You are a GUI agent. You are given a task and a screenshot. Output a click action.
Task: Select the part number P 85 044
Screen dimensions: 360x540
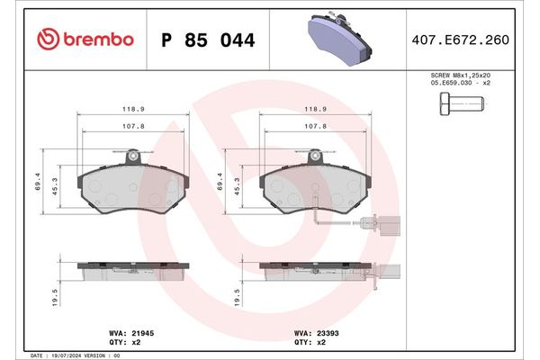[x=207, y=40]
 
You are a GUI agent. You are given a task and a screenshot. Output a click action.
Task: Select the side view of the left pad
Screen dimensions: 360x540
[x=132, y=268]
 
